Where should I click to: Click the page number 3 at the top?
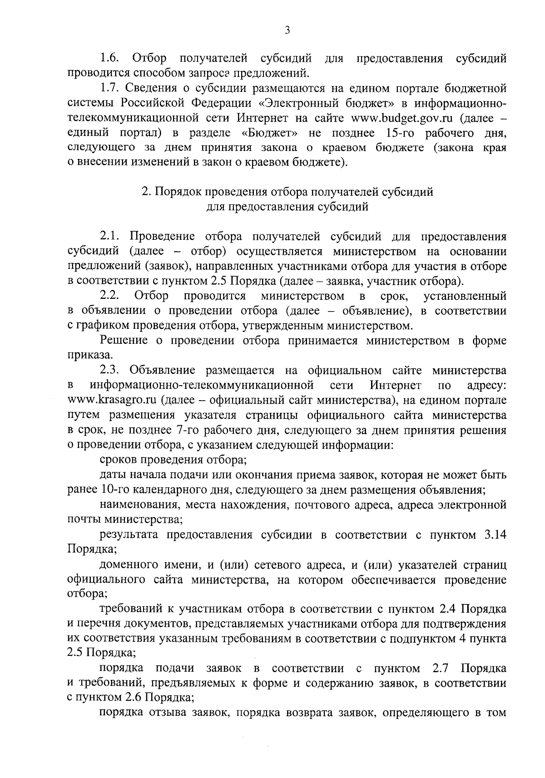point(287,30)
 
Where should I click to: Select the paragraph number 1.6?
point(110,59)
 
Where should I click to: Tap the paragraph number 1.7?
point(110,88)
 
